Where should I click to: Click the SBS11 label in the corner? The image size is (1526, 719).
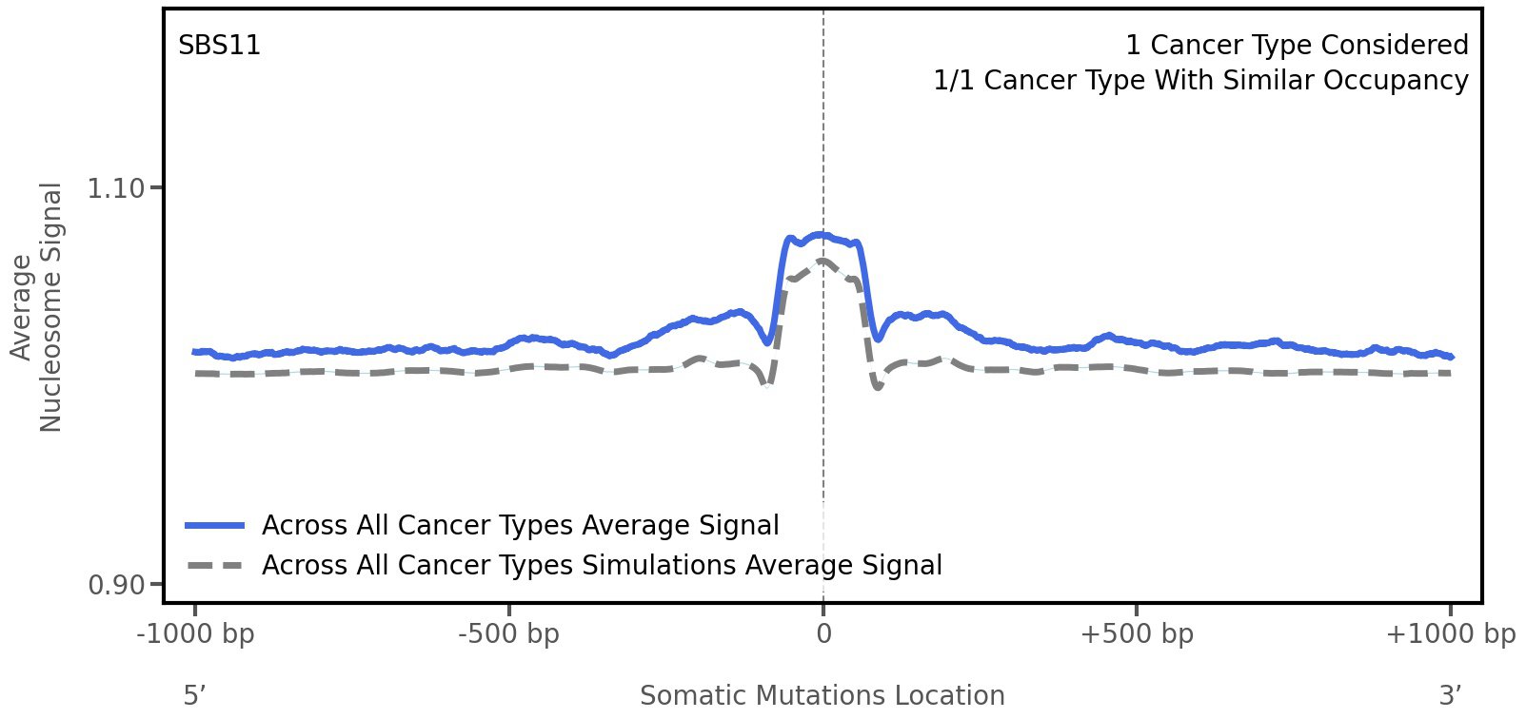(220, 46)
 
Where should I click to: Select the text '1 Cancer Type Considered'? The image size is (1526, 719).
(1297, 46)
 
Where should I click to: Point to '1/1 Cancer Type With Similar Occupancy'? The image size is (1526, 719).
(1200, 81)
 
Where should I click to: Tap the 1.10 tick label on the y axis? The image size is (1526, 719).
(116, 188)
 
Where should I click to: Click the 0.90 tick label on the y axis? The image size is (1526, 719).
(116, 584)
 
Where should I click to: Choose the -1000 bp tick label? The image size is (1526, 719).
(196, 633)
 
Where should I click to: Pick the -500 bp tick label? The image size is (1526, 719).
(508, 633)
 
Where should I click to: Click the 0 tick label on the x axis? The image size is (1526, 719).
(823, 633)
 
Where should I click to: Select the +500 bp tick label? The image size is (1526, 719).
(1137, 633)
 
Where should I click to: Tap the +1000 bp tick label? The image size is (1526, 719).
(1450, 633)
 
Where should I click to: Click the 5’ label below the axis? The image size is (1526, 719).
(195, 695)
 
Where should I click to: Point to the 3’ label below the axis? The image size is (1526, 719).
(1451, 695)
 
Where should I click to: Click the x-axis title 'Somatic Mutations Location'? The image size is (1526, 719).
(822, 695)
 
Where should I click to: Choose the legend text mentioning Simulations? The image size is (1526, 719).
(602, 566)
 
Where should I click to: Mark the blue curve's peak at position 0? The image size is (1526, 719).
(822, 234)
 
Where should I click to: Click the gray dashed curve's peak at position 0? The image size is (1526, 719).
(822, 261)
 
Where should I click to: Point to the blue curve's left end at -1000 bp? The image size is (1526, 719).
(195, 352)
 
